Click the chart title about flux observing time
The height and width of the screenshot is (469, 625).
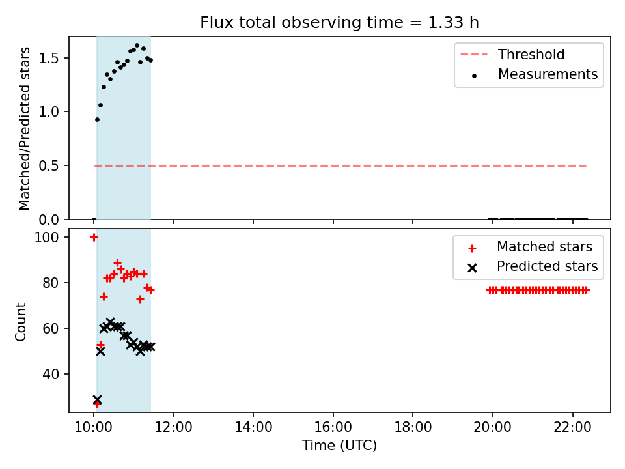339,22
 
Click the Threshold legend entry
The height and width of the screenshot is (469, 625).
512,54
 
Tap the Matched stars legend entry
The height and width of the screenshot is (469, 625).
530,247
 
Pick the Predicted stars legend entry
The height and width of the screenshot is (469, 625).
533,266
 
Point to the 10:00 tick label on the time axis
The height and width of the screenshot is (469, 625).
94,427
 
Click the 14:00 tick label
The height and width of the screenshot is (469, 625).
253,427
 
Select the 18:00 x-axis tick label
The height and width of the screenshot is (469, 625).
413,427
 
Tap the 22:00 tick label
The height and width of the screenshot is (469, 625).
572,427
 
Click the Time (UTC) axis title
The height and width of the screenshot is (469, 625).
339,445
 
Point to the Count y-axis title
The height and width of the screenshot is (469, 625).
20,321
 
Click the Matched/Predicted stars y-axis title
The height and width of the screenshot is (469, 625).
24,128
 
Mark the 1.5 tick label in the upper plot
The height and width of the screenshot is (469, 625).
49,58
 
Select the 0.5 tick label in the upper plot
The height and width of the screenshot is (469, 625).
49,165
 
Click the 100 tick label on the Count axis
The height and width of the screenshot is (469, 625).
46,237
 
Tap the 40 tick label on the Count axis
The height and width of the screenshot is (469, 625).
51,374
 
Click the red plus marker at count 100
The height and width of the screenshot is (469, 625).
94,238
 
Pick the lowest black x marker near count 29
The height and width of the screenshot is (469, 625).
97,399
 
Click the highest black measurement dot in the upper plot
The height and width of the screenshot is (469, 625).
137,46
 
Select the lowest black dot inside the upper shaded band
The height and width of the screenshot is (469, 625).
97,120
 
